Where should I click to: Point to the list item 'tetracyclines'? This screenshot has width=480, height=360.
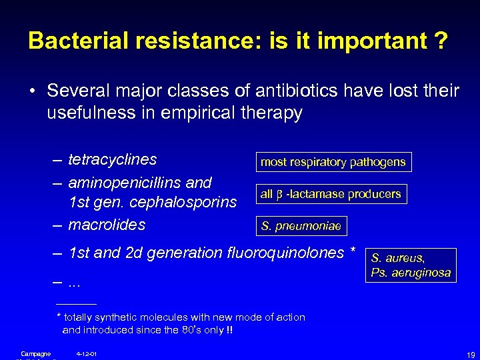pyautogui.click(x=112, y=161)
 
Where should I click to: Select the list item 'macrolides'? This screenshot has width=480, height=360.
pyautogui.click(x=107, y=225)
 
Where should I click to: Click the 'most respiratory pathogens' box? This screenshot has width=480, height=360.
pyautogui.click(x=332, y=162)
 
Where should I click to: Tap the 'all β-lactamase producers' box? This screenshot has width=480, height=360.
pyautogui.click(x=331, y=194)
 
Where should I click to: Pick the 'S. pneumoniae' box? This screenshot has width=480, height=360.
pyautogui.click(x=301, y=227)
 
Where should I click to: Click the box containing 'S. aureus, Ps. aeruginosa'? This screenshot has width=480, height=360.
pyautogui.click(x=411, y=265)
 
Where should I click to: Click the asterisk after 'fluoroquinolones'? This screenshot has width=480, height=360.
pyautogui.click(x=352, y=252)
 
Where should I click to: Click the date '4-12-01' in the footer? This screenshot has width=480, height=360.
pyautogui.click(x=87, y=353)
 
